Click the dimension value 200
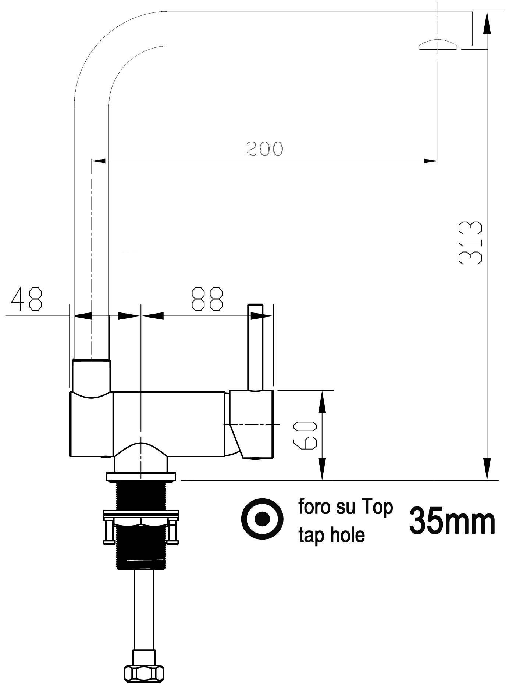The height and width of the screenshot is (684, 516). point(265,149)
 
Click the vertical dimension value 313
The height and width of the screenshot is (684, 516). point(470,243)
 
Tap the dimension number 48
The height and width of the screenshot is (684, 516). point(27,298)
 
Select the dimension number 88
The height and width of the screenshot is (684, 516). point(207,298)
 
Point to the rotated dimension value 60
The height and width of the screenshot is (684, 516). point(305,435)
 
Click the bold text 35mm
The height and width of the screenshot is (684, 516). point(452,521)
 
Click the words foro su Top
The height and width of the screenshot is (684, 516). point(345,507)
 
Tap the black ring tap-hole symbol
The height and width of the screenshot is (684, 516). point(262,519)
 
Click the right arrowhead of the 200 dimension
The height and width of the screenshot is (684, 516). point(431,161)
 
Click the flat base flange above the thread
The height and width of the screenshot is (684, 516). point(141,477)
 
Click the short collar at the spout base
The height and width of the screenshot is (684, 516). point(92,375)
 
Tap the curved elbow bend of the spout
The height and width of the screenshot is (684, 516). point(107,51)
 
